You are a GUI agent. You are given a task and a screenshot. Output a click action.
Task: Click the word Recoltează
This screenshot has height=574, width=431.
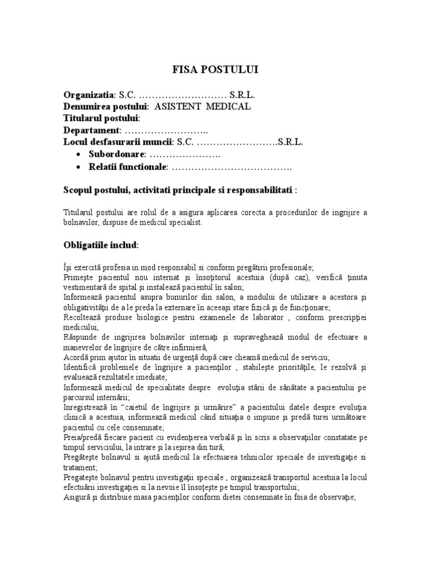(x=83, y=317)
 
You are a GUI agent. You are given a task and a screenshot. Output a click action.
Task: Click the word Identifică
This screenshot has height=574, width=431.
(x=82, y=367)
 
